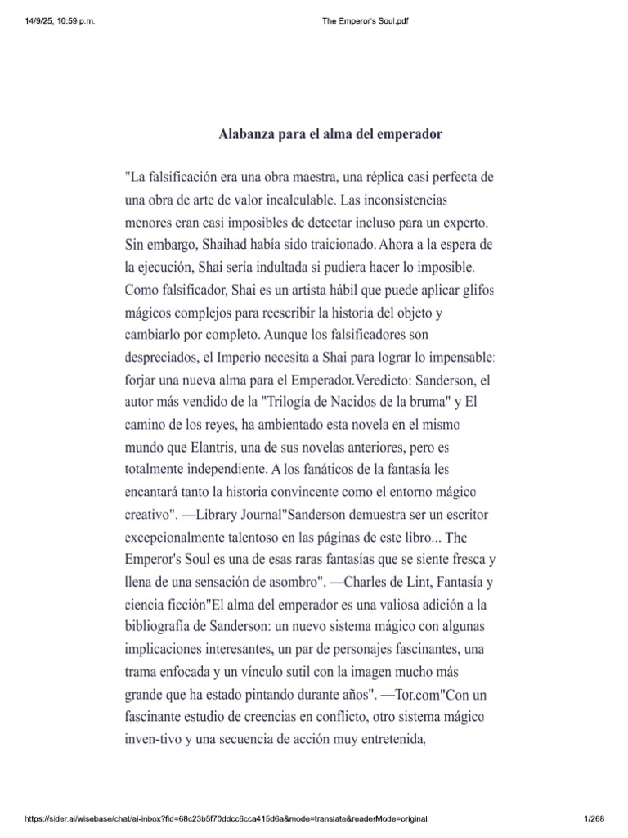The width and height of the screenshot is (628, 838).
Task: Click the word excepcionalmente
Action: (x=186, y=540)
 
